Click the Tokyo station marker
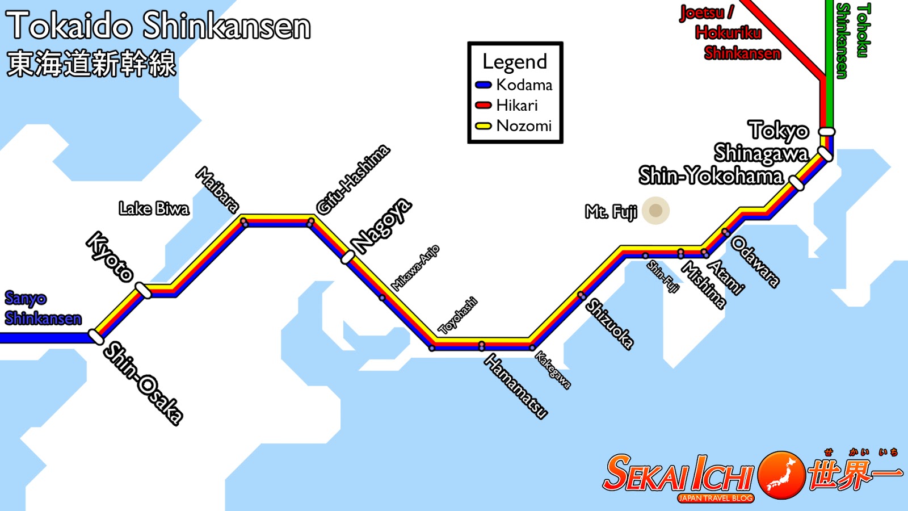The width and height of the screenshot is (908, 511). (x=826, y=132)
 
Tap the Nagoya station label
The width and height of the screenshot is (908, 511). (x=381, y=225)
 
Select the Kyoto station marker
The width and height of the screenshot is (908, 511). (x=143, y=291)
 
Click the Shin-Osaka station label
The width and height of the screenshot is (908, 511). (x=143, y=383)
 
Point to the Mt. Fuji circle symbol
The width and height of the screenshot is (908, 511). (x=655, y=211)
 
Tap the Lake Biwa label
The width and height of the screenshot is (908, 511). (x=154, y=208)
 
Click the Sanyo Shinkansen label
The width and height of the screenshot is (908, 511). (x=43, y=308)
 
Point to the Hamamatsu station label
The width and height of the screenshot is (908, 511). (x=516, y=386)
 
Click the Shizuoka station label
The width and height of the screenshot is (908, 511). (x=609, y=323)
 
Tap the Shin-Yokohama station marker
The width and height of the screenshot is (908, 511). (x=797, y=183)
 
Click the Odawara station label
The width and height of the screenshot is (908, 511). (x=755, y=261)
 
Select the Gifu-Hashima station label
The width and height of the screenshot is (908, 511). (x=353, y=179)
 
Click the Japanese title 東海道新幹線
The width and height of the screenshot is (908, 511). (x=91, y=63)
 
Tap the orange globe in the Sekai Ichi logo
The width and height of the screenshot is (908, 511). (x=781, y=475)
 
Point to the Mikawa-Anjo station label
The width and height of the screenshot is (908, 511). (x=415, y=267)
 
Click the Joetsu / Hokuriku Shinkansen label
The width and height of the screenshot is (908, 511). (x=730, y=33)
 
